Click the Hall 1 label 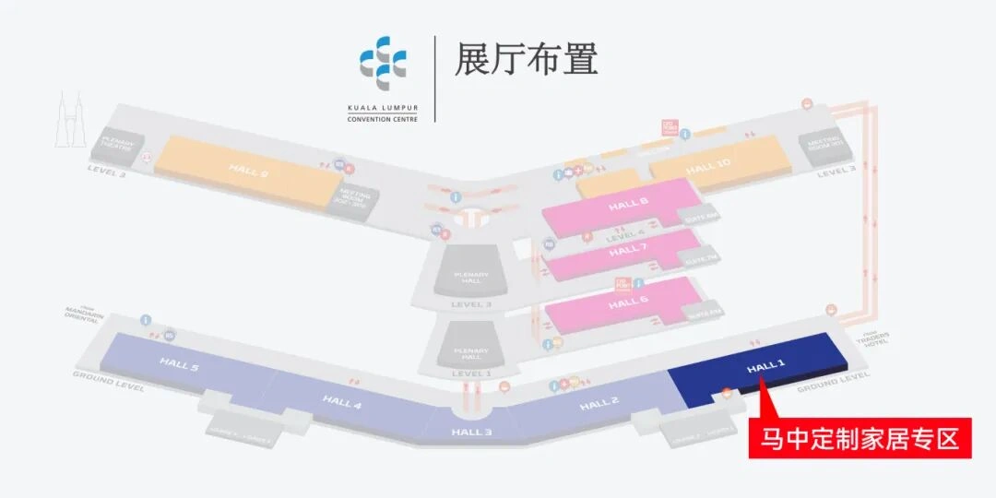(x=765, y=367)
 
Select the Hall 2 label (x=599, y=404)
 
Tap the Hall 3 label (x=471, y=432)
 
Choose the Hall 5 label (x=179, y=365)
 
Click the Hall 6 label (x=628, y=303)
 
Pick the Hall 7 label (x=628, y=251)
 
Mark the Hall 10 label (x=708, y=167)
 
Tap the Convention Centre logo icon (x=383, y=61)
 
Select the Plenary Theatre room (x=119, y=143)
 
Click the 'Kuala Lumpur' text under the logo (x=383, y=108)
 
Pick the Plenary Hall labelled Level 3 (x=470, y=278)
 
